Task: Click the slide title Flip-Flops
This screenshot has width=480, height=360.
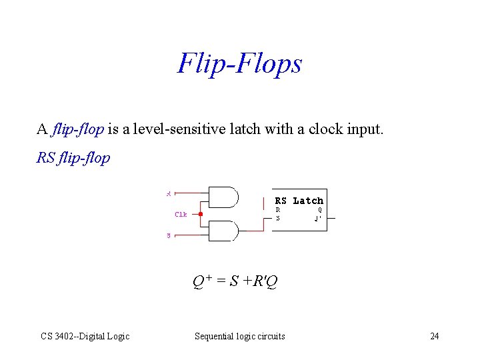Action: coord(239,63)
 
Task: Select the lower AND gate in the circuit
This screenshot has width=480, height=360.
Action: coord(224,231)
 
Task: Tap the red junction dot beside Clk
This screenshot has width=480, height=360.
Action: coord(201,214)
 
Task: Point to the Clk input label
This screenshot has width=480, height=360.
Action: coord(181,215)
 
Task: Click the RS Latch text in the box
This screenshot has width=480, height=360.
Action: coord(299,201)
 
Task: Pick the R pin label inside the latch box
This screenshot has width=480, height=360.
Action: coord(278,209)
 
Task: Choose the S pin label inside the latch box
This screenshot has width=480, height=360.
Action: coord(278,218)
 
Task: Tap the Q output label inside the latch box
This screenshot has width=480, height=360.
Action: coord(320,209)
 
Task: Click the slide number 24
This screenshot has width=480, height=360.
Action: coord(435,336)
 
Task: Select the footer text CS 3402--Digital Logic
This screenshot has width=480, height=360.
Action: coord(85,336)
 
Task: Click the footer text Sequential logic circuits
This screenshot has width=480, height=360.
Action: coord(239,336)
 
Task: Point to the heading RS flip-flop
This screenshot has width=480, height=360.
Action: coord(73,159)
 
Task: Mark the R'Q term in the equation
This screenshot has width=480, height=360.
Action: coord(264,281)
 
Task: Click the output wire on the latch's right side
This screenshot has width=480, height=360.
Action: coord(335,217)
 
